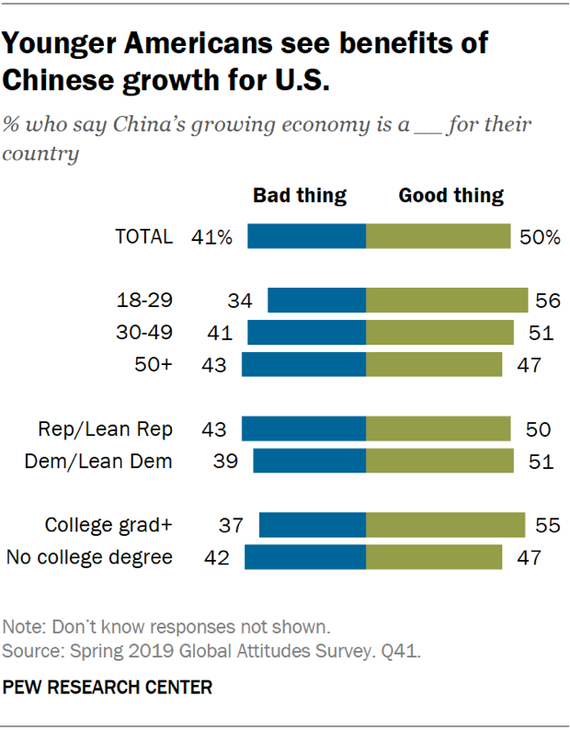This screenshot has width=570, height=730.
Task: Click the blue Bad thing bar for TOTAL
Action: pyautogui.click(x=307, y=236)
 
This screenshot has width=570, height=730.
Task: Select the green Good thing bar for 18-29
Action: pyautogui.click(x=447, y=301)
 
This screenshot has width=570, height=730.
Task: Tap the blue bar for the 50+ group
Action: pyautogui.click(x=303, y=364)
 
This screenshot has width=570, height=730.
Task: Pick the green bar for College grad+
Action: pyautogui.click(x=445, y=525)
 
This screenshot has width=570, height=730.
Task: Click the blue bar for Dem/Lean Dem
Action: pyautogui.click(x=309, y=461)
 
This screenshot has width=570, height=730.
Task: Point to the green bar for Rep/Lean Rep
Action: pyautogui.click(x=438, y=429)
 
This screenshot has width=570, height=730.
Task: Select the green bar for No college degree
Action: pyautogui.click(x=434, y=557)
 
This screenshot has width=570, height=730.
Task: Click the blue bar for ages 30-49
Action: pyautogui.click(x=307, y=332)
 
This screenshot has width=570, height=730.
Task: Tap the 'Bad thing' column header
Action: pyautogui.click(x=300, y=195)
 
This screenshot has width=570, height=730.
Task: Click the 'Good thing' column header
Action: pyautogui.click(x=450, y=195)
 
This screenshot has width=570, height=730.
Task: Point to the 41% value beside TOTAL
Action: pyautogui.click(x=212, y=236)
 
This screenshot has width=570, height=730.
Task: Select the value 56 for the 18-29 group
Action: pyautogui.click(x=549, y=301)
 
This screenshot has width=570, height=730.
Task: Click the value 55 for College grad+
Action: pyautogui.click(x=546, y=525)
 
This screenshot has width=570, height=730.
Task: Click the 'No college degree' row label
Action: pyautogui.click(x=89, y=557)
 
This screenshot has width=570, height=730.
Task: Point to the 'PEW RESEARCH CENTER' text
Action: pyautogui.click(x=108, y=687)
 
